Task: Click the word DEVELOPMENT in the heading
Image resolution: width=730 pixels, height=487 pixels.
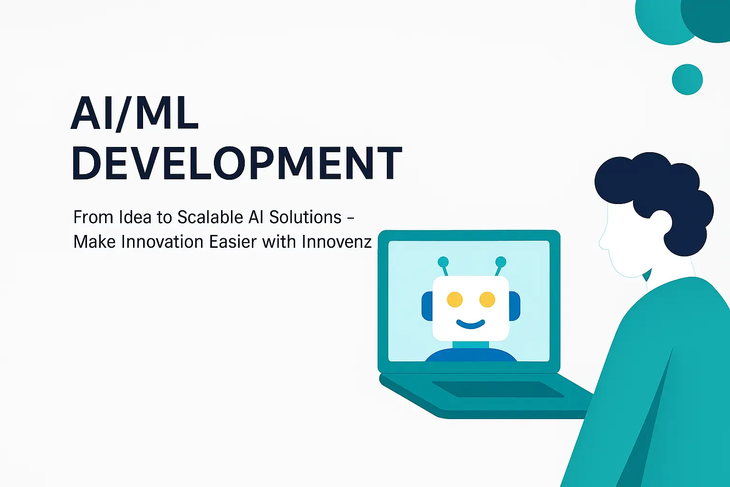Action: (237, 163)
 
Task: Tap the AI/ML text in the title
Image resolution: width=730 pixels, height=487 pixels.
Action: (134, 114)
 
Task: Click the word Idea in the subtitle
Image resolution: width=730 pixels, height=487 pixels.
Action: (135, 217)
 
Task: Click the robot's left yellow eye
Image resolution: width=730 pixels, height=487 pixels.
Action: (455, 300)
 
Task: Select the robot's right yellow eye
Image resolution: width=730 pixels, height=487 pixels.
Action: (487, 300)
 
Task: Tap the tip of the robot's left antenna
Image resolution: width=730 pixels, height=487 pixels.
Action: (443, 262)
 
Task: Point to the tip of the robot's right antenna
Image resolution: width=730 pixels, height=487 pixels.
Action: (500, 262)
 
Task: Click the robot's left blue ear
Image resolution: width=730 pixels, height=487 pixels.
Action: (427, 306)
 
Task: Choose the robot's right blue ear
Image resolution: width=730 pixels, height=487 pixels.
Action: (515, 306)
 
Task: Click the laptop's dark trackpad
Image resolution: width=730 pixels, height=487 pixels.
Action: (498, 389)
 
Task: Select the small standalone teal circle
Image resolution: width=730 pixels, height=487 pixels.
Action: (687, 79)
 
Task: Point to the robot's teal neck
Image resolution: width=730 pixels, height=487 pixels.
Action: (471, 345)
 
